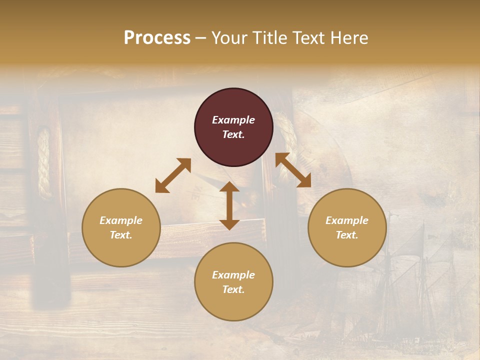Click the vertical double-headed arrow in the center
point(229,205)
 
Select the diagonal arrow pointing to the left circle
point(173,175)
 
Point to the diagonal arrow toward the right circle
point(293,170)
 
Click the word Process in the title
point(157,38)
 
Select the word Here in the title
point(349,38)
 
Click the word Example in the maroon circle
point(233,120)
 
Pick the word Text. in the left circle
point(121,235)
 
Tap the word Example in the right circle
point(347,220)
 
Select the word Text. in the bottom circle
point(233,289)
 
